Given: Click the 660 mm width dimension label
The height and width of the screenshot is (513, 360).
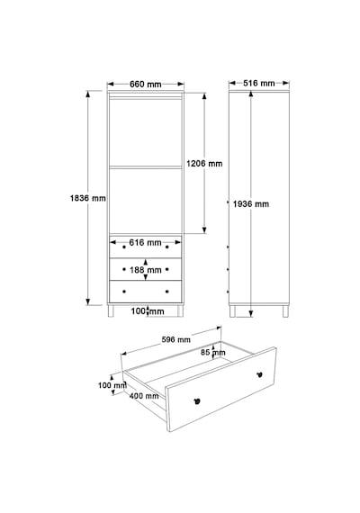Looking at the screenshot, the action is pyautogui.click(x=146, y=84).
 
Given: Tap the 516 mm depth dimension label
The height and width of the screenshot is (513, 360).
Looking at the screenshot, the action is pyautogui.click(x=259, y=83).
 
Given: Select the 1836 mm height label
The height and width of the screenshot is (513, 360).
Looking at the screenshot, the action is pyautogui.click(x=87, y=198).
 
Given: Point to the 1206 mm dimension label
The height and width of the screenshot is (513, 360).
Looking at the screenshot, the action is pyautogui.click(x=204, y=163).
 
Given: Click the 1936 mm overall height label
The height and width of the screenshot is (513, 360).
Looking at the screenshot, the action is pyautogui.click(x=251, y=204).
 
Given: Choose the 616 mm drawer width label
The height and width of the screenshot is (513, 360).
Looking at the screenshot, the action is pyautogui.click(x=145, y=242).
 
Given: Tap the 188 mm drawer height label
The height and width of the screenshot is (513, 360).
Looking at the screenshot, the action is pyautogui.click(x=146, y=270).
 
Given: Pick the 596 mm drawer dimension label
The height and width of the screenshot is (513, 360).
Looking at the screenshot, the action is pyautogui.click(x=176, y=339).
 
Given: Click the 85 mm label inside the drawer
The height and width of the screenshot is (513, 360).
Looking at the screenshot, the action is pyautogui.click(x=213, y=353).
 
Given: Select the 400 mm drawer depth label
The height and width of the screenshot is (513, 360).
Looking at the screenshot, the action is pyautogui.click(x=144, y=396).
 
